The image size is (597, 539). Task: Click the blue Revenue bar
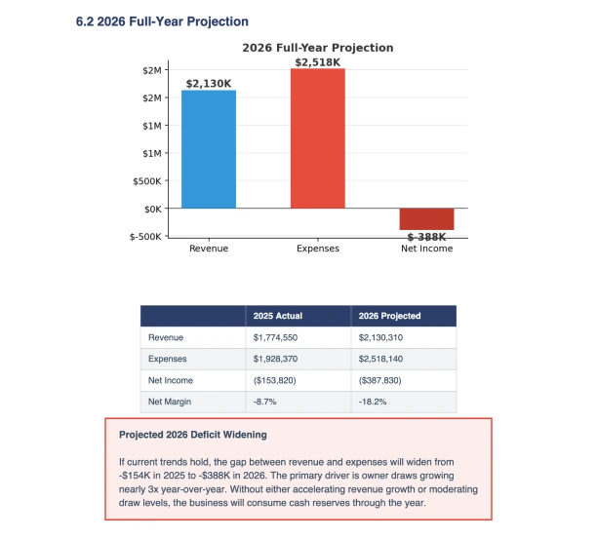coord(209,148)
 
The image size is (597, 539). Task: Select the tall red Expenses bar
coord(317,137)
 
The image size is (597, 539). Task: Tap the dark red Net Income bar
coord(426,219)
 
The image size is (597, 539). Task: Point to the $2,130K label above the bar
coord(209,84)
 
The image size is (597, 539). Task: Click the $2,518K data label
coord(317,62)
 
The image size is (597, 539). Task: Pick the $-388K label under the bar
coord(426,237)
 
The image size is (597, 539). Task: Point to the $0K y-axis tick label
coord(151,209)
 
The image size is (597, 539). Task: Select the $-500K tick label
coord(145,236)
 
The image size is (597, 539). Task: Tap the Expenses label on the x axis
coord(317,250)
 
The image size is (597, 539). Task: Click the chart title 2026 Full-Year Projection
coord(317,48)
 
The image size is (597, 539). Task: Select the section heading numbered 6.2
coord(162,21)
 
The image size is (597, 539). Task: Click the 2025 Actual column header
coord(278,316)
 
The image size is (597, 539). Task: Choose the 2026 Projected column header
coord(389,316)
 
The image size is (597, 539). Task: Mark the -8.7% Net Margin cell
coord(265,403)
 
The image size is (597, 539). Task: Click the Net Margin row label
coord(171,403)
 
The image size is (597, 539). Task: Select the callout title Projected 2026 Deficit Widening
coord(192,435)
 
